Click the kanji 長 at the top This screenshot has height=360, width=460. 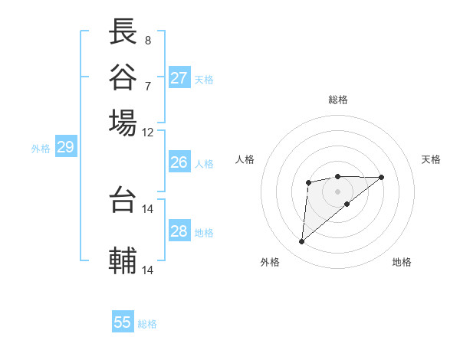(x=123, y=31)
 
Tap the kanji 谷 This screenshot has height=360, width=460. (x=123, y=77)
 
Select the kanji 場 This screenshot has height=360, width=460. (x=123, y=123)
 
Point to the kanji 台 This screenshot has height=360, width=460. (x=123, y=200)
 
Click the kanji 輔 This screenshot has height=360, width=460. (x=123, y=260)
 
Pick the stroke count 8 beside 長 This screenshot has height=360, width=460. (x=147, y=40)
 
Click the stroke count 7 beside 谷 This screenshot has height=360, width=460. (x=147, y=85)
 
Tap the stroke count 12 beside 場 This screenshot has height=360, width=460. (x=147, y=132)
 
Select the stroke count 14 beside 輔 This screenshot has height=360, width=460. (x=147, y=270)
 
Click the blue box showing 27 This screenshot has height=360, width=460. (x=179, y=78)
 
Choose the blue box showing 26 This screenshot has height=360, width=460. (x=179, y=162)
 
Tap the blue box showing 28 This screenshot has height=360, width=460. (x=179, y=231)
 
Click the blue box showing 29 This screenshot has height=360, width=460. (x=65, y=148)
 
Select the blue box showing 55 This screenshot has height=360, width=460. (x=123, y=322)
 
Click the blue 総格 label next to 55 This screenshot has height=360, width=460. (x=147, y=324)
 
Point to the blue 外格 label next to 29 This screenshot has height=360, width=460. (x=41, y=149)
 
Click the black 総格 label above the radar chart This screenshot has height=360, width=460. (x=337, y=100)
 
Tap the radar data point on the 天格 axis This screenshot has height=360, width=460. (x=382, y=177)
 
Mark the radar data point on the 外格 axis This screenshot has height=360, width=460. (x=302, y=242)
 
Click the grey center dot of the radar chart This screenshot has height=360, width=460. (x=337, y=191)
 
